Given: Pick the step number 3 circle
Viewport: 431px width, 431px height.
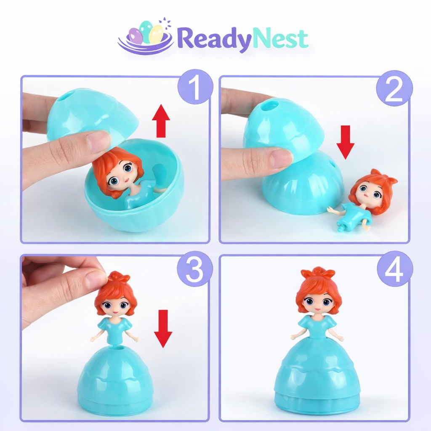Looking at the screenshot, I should click(194, 269).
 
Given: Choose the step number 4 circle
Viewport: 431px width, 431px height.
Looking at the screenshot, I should click(394, 269).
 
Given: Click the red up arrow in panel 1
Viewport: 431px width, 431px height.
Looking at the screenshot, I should click(161, 122).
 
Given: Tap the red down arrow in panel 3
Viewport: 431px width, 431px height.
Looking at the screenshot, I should click(163, 328).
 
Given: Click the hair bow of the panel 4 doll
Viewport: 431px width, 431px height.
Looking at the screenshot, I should click(318, 272).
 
